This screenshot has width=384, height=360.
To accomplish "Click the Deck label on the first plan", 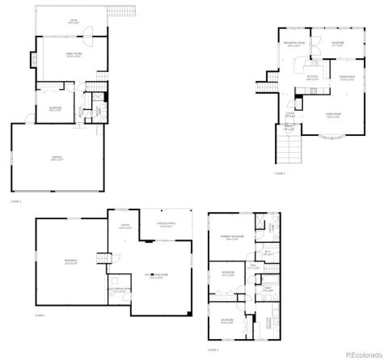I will pyautogui.click(x=73, y=21).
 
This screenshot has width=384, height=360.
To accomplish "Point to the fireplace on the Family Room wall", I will pyautogui.click(x=33, y=61).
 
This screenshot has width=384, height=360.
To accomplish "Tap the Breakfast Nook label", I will pyautogui.click(x=293, y=44).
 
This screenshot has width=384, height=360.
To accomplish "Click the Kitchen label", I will pyautogui.click(x=312, y=78).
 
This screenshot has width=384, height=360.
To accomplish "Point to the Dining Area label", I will pyautogui.click(x=347, y=78).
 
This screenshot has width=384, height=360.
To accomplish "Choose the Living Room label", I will pyautogui.click(x=333, y=116).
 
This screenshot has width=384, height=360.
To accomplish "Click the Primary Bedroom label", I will pyautogui.click(x=235, y=238).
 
